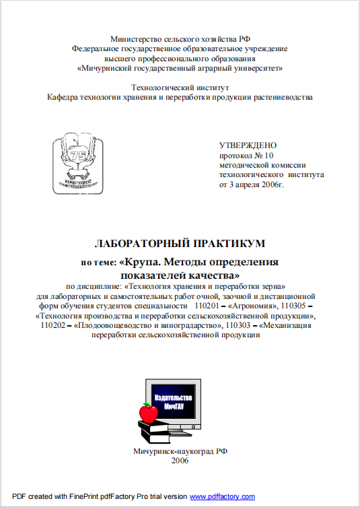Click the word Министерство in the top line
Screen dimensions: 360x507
(x=135, y=40)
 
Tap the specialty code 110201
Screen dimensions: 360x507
(x=208, y=304)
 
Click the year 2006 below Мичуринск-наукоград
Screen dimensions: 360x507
(x=180, y=461)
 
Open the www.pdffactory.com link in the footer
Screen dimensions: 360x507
(x=223, y=497)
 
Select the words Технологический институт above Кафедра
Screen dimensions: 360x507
(x=180, y=88)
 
